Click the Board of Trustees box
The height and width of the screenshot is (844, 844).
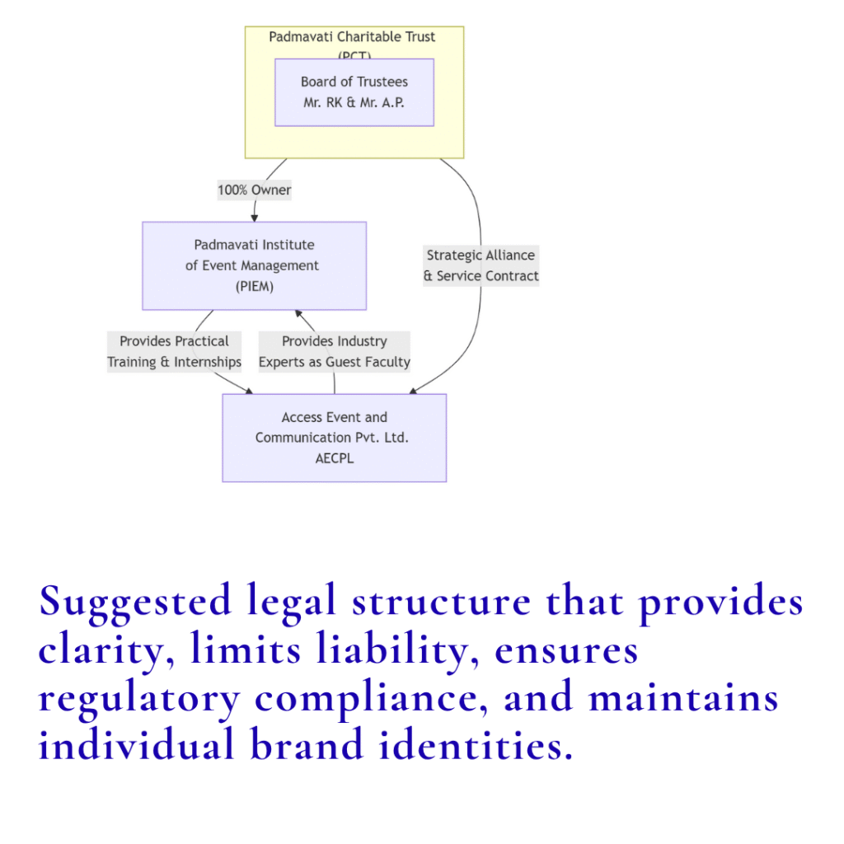coord(354,92)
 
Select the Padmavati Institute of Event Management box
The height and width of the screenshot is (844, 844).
coord(254,265)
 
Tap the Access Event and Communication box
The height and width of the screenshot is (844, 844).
coord(334,438)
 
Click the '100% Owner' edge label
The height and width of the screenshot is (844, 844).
coord(254,190)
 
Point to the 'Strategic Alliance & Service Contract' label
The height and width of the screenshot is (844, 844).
coord(481,265)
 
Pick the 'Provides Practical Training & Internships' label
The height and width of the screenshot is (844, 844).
coord(174,352)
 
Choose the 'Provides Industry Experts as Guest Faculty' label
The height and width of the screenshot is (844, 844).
coord(334,352)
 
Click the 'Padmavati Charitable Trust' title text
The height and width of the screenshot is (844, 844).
coord(352,37)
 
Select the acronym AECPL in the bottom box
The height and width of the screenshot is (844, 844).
coord(334,458)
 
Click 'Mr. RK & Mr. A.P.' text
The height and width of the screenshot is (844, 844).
coord(354,103)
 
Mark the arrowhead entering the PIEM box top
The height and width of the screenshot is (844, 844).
coord(254,218)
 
